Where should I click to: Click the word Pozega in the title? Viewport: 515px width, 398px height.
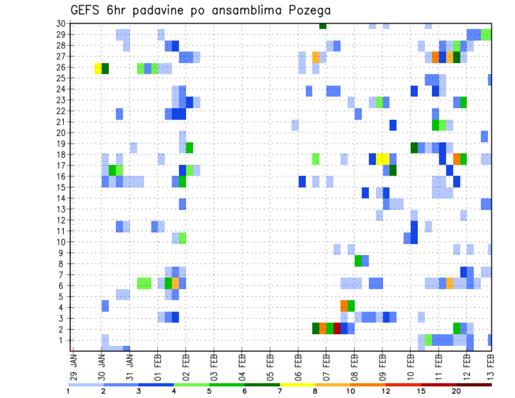(310, 10)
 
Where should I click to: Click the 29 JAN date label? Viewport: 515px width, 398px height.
(73, 365)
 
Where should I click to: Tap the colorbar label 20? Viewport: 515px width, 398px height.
(457, 391)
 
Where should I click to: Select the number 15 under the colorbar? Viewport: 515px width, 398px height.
(421, 391)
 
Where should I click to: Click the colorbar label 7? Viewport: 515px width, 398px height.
(280, 391)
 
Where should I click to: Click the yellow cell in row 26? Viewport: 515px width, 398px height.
(98, 68)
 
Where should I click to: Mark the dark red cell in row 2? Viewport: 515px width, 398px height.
(337, 328)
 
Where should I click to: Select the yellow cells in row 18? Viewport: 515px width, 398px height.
(383, 159)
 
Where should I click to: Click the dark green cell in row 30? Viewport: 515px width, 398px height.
(322, 25)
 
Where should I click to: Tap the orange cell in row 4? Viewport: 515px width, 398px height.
(344, 306)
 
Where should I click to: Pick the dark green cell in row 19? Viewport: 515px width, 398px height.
(414, 148)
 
